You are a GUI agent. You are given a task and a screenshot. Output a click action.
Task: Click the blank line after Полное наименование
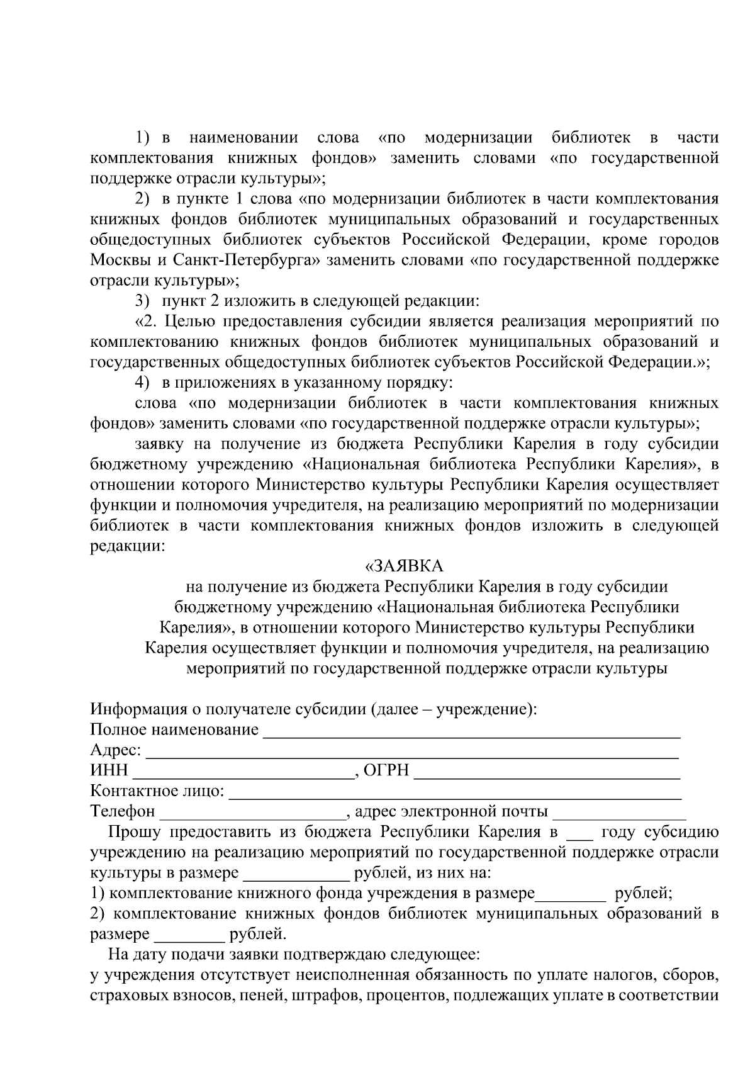coord(471,731)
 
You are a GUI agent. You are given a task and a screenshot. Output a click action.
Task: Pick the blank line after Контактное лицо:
coord(454,792)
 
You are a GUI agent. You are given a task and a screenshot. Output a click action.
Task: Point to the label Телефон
coord(123,812)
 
